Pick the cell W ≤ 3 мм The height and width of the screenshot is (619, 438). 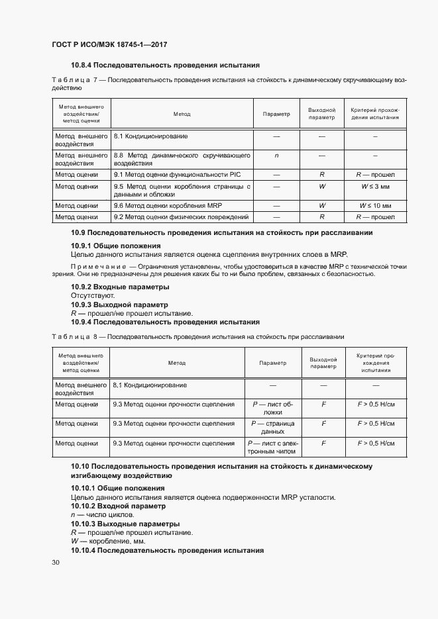[374, 187]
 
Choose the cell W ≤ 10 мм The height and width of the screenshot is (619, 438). [374, 206]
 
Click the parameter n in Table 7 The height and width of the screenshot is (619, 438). [276, 156]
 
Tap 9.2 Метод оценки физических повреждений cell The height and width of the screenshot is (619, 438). [181, 216]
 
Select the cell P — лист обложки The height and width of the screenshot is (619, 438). [273, 407]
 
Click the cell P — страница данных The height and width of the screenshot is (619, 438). [273, 427]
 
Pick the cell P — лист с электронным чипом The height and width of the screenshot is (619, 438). [273, 448]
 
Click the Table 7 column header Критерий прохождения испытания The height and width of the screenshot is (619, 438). [374, 113]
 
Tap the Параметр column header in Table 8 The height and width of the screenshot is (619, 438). [273, 363]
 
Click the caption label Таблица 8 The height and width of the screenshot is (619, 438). [74, 336]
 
